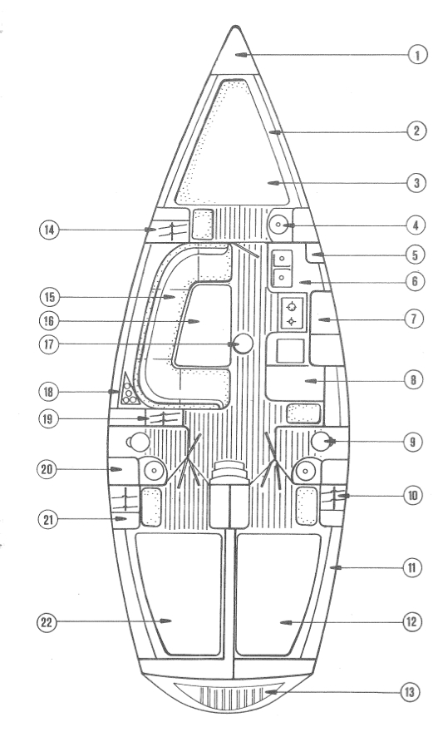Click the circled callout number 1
(417, 56)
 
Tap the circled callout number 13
(410, 692)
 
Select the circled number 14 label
(48, 230)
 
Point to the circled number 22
(47, 622)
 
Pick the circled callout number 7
(414, 319)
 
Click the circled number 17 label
(48, 344)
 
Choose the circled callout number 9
(413, 442)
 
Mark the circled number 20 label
(47, 469)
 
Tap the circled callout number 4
(415, 225)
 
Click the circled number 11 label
(411, 566)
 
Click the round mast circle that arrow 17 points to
(244, 344)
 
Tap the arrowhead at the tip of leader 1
(241, 55)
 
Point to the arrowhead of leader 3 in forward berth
(273, 183)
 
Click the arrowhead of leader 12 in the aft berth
(286, 622)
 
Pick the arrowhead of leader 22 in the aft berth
(165, 621)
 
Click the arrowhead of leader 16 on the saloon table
(193, 321)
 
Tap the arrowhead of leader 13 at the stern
(270, 692)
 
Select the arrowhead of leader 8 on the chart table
(311, 380)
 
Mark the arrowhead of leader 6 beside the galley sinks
(305, 282)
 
